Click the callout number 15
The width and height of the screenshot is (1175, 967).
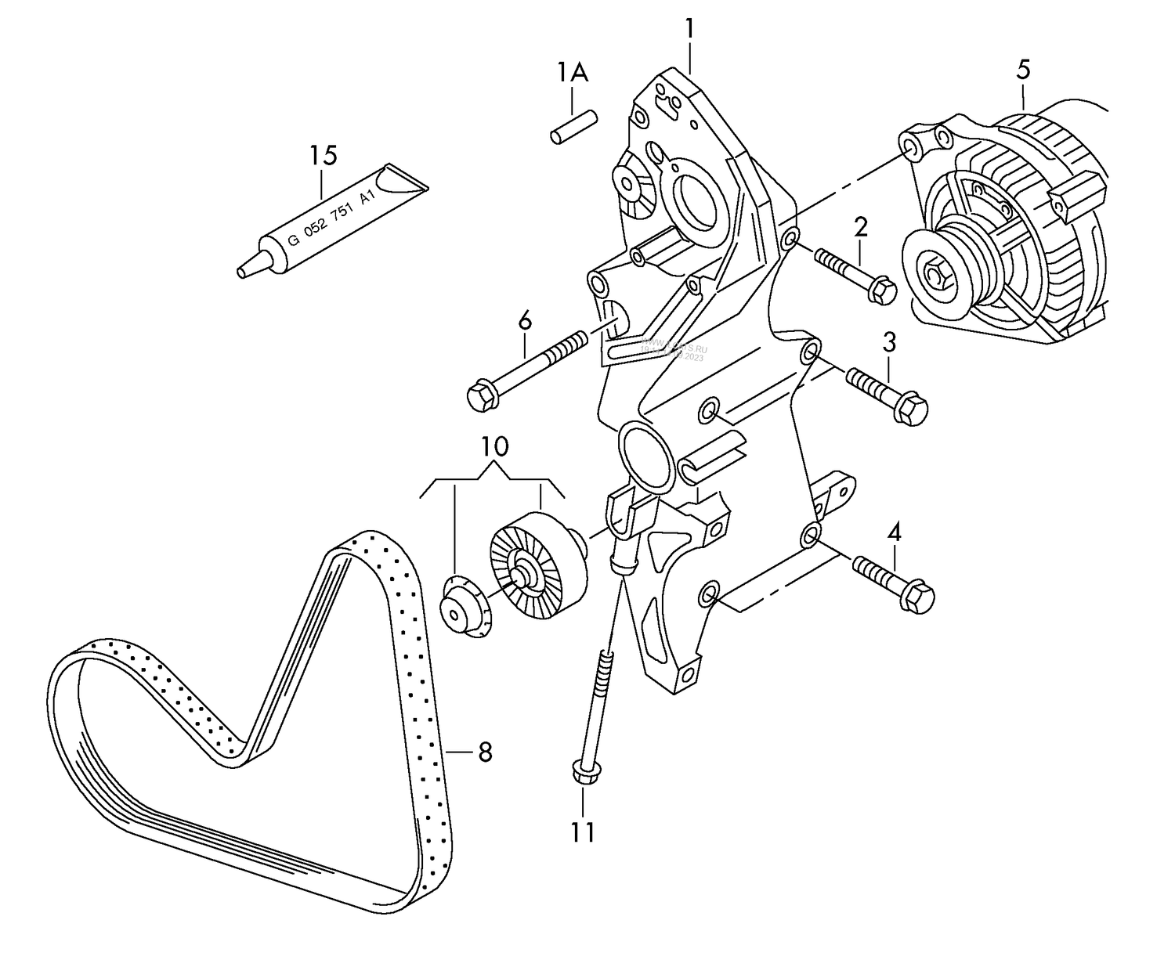[x=322, y=155]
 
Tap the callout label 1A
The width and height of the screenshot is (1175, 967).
[x=573, y=73]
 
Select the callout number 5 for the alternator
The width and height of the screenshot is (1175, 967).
[x=1023, y=70]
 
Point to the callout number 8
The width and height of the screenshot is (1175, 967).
[x=485, y=752]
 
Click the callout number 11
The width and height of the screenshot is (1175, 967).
[x=583, y=832]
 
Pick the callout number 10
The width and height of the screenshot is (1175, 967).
[x=494, y=447]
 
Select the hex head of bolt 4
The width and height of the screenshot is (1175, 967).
[x=918, y=597]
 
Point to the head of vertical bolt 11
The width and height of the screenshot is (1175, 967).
[x=584, y=771]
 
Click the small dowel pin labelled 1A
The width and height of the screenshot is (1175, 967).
[x=573, y=128]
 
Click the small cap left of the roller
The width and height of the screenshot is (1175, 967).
[x=463, y=607]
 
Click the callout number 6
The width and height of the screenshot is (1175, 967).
[x=524, y=320]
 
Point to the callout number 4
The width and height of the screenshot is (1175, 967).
[x=894, y=533]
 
